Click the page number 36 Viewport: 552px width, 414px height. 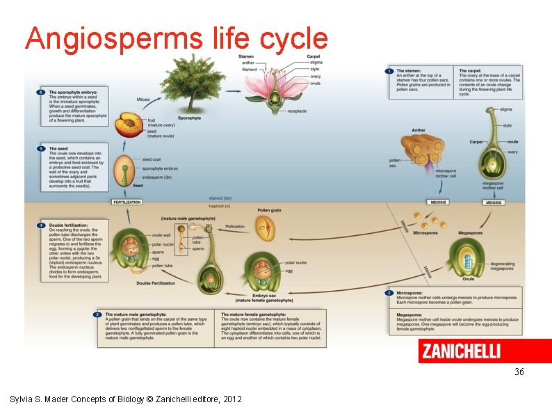[x=519, y=372]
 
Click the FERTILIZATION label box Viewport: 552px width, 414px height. [x=127, y=202]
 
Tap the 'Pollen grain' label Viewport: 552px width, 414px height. [x=269, y=209]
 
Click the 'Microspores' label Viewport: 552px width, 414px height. [x=425, y=233]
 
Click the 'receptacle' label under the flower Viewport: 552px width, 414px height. [x=296, y=111]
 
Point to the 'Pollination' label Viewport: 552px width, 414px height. [x=235, y=226]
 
